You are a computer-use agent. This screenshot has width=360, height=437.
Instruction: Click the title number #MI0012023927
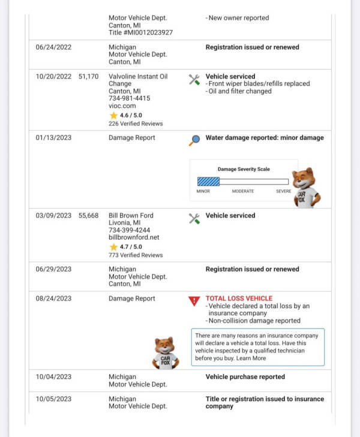click(140, 32)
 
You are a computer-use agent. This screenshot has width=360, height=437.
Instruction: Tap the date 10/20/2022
click(53, 77)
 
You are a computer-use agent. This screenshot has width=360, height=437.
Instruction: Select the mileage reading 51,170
click(88, 77)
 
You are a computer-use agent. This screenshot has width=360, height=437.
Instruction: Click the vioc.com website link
click(122, 106)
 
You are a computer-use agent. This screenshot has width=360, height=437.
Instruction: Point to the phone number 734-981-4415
click(129, 98)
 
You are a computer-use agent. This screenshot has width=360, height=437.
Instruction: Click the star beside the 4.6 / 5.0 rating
click(113, 115)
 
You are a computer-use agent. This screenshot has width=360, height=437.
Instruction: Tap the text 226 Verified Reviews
click(136, 124)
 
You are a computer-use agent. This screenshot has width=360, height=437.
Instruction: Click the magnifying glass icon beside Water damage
click(194, 140)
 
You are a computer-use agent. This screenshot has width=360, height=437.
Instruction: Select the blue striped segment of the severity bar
click(208, 182)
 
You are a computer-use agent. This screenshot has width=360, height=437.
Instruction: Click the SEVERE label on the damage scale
click(283, 191)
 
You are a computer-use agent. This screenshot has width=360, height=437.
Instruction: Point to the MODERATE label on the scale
click(243, 191)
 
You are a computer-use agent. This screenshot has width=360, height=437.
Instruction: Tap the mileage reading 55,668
click(88, 216)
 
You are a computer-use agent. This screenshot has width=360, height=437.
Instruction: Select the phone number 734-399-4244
click(129, 230)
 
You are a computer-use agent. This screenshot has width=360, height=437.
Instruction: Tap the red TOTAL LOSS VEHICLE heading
click(239, 299)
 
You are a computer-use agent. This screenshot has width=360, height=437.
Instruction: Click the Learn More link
click(251, 358)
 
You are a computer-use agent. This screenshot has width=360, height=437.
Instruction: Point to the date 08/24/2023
click(53, 299)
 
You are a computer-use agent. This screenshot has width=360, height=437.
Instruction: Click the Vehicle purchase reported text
click(245, 377)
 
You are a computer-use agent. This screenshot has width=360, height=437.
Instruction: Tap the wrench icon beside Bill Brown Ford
click(194, 218)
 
